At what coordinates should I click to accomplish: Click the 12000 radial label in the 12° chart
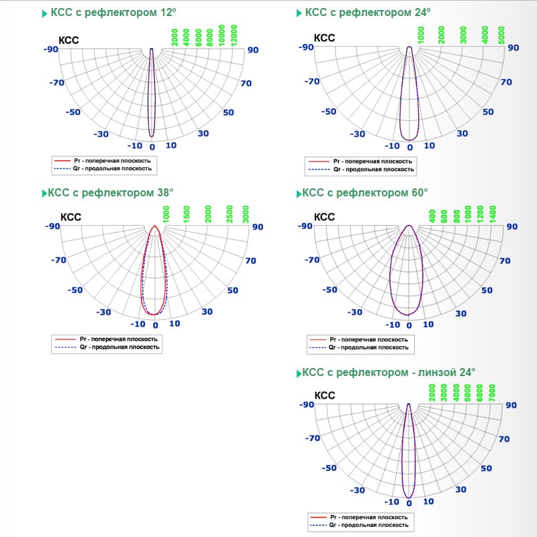(x=234, y=34)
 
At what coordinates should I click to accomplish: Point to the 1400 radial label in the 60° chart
(x=493, y=214)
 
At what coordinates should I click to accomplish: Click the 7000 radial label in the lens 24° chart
(x=492, y=392)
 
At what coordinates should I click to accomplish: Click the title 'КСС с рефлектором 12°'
(x=112, y=13)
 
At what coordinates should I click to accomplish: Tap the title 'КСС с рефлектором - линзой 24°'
(x=389, y=372)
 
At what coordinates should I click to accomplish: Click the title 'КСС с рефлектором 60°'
(x=365, y=193)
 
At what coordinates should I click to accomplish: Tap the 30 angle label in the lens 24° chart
(x=461, y=490)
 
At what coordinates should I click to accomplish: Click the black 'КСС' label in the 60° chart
(x=325, y=217)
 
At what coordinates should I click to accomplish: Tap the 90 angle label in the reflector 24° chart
(x=513, y=47)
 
